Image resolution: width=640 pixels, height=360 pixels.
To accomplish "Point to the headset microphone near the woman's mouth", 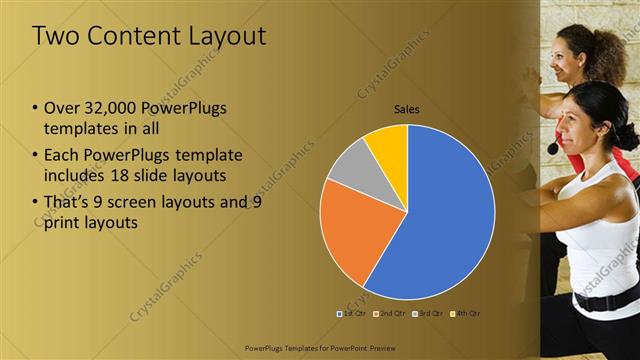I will (x=553, y=149).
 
